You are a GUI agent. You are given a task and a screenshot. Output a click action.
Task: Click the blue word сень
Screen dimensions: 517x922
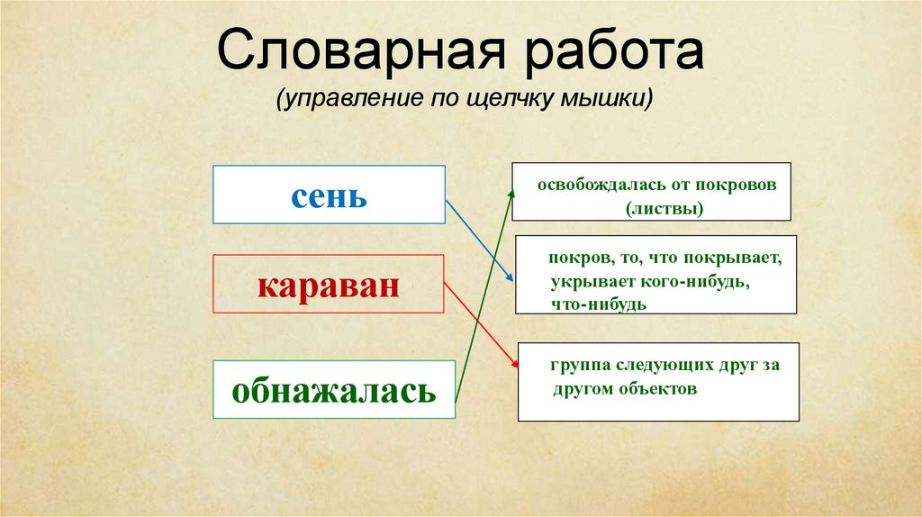329,195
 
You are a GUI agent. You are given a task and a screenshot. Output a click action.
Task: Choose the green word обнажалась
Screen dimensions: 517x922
334,390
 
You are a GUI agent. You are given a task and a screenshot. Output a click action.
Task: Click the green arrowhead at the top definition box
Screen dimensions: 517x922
511,191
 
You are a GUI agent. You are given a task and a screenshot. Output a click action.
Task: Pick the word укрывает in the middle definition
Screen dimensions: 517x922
584,283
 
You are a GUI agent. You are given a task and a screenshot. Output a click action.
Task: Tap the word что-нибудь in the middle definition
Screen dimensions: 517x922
598,304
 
